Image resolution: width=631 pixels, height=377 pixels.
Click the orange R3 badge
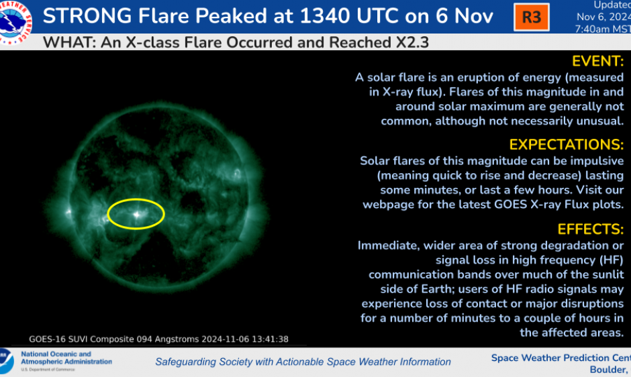click(x=531, y=17)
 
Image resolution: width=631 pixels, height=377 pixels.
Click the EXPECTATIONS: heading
click(x=567, y=144)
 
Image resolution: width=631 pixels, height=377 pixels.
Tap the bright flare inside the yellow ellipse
click(x=138, y=215)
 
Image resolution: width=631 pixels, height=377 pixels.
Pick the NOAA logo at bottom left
click(x=6, y=361)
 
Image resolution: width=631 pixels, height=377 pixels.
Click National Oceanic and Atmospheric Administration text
click(x=66, y=358)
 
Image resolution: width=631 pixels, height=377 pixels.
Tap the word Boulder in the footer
click(x=608, y=370)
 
